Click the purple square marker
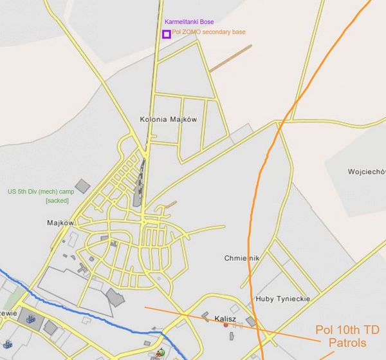[167, 34]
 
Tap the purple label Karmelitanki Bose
[189, 22]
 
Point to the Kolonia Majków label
[167, 119]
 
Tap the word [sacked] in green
[57, 201]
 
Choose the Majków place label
[61, 223]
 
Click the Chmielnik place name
[242, 258]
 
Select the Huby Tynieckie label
[283, 299]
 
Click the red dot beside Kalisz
[225, 325]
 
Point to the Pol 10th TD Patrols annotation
[347, 336]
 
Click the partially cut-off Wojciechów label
[366, 172]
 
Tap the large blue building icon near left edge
[29, 317]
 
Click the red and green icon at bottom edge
[160, 353]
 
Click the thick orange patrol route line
[261, 193]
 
